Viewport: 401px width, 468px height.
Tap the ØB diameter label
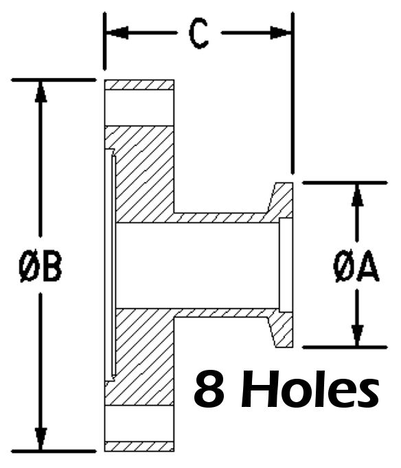pos(40,266)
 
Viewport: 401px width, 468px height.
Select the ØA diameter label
pos(356,266)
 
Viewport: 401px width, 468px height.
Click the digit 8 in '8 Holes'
pos(209,390)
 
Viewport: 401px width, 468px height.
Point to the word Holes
pos(310,390)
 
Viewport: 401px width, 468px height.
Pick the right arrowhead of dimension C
pos(281,32)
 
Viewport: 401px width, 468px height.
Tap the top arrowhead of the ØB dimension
pos(41,91)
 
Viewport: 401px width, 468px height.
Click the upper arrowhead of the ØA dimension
pos(357,195)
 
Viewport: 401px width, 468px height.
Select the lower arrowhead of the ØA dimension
pos(357,336)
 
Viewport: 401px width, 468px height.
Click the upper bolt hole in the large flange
pos(139,108)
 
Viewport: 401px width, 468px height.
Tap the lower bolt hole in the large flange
pos(139,423)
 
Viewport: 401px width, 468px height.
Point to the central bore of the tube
pos(197,266)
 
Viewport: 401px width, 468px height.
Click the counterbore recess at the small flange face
pos(286,266)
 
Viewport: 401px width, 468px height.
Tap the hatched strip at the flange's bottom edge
pos(139,447)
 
